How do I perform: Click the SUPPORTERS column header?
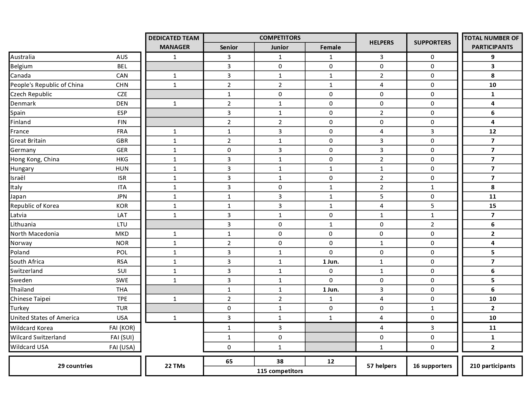432,42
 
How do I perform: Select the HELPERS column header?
381,42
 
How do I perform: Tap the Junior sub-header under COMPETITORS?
279,47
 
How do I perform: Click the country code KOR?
122,206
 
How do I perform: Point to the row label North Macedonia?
35,234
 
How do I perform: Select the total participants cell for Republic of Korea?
492,206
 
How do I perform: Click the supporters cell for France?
432,132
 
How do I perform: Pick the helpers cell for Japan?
381,197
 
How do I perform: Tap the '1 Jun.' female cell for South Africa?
331,262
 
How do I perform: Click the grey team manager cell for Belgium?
174,66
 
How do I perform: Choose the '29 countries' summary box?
75,366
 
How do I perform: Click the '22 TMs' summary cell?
174,366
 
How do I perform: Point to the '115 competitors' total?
279,371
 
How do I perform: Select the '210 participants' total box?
492,366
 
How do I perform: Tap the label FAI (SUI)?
122,337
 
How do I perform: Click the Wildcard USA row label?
29,347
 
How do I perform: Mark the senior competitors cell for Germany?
229,150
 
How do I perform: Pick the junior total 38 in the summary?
279,362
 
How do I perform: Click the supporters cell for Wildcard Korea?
432,328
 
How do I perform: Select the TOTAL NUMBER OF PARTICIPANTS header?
492,42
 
